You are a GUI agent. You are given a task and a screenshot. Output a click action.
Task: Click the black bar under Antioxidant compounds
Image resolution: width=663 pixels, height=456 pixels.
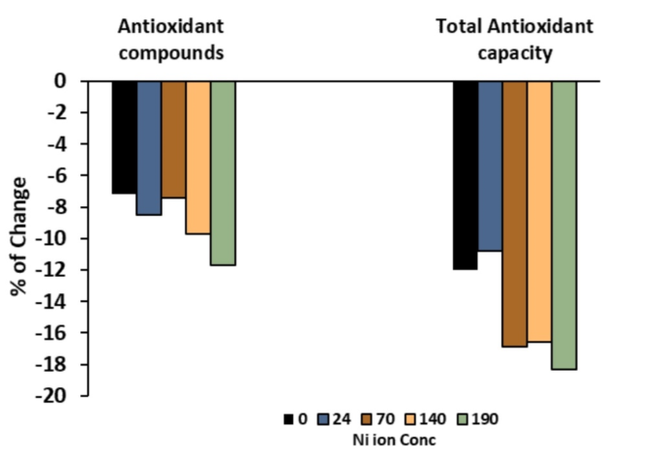pos(123,137)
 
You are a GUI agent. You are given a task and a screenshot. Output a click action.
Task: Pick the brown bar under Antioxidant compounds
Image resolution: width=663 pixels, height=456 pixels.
pos(173,139)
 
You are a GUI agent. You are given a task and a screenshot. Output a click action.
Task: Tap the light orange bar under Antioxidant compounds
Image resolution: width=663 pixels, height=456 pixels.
pos(198,157)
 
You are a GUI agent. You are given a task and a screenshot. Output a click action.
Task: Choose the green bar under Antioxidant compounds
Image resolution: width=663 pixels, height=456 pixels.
pos(223,172)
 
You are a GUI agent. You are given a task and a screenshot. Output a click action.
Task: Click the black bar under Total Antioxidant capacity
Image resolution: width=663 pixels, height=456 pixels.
pos(465,175)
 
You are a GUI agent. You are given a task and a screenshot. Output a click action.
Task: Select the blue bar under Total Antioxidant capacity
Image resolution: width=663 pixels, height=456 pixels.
pos(490,166)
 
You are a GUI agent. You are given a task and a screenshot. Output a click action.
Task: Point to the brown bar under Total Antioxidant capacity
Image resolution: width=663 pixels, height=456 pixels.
pos(515,213)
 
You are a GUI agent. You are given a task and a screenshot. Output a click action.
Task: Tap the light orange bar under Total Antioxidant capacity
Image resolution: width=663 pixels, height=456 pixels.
pos(539,211)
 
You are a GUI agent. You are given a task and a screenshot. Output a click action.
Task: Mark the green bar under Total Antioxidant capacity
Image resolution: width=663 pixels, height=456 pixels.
pos(564,225)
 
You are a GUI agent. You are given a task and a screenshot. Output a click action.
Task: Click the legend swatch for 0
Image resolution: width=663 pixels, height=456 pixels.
pos(288,419)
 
